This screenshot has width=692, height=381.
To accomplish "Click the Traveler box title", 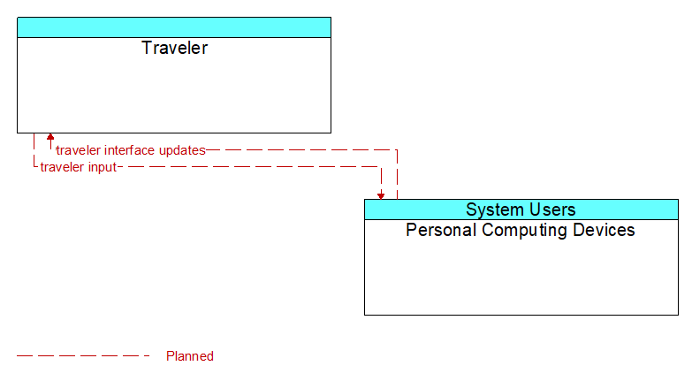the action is pos(174,48).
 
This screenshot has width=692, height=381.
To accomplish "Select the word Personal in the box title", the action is pos(441,230).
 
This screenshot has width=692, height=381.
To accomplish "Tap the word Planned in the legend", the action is pos(190,356).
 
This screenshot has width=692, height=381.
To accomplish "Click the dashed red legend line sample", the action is pos(83,355).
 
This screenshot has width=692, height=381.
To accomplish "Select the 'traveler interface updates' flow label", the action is pos(131,150).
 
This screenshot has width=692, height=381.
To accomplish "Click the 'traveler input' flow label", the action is pos(79,167).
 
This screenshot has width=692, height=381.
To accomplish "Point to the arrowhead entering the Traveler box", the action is pos(50,136).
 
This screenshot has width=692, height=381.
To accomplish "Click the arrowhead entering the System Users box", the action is pos(381,196).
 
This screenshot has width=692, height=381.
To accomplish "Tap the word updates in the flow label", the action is pos(182,150).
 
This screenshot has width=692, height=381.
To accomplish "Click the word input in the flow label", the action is pos(103,167).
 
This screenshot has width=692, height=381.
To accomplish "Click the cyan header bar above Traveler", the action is pos(174,27).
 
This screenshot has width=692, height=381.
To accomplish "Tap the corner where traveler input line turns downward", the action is pos(381,167).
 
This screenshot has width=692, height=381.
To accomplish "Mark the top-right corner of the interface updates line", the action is pos(397,150).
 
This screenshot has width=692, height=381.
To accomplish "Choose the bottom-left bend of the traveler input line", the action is pos(34,167).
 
